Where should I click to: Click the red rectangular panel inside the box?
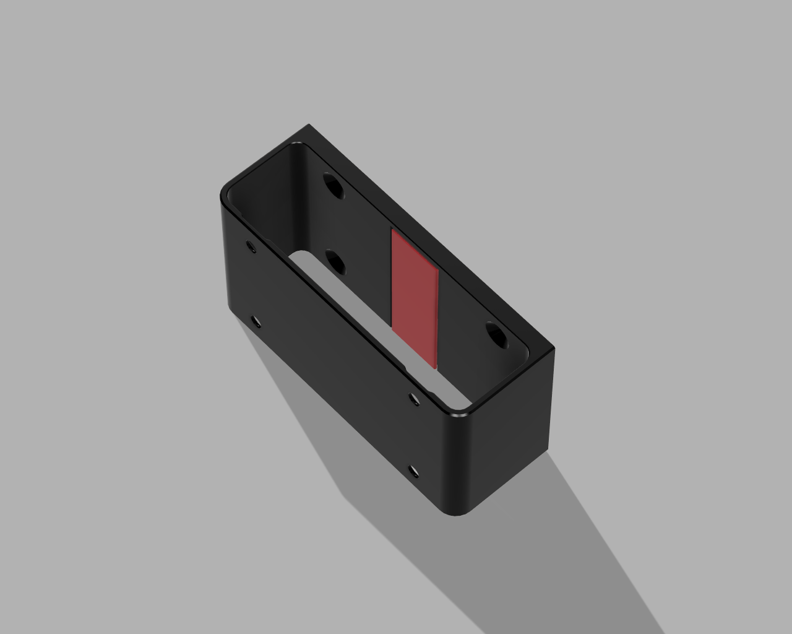click(414, 297)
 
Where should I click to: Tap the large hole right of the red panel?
click(496, 335)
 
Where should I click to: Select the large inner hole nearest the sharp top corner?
click(333, 185)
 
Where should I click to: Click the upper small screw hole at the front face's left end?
click(251, 247)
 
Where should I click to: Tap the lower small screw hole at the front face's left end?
click(255, 321)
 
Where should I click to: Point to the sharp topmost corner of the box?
click(309, 126)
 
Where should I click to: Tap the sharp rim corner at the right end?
click(553, 350)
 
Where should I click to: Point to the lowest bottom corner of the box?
click(458, 515)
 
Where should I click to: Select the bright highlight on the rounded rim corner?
click(461, 419)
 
